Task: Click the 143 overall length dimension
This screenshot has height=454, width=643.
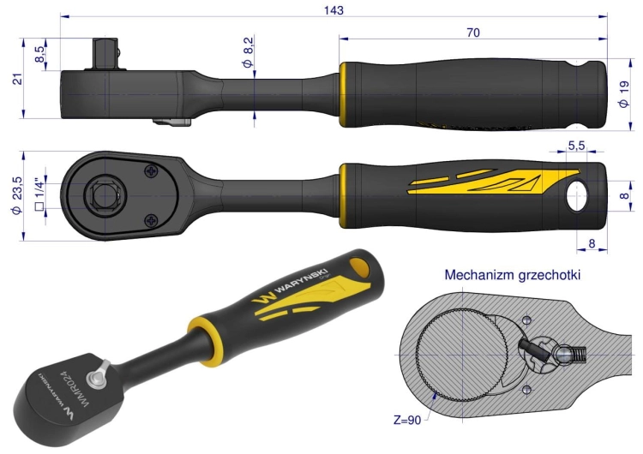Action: pos(334,10)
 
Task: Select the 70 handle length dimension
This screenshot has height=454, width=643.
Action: pos(472,33)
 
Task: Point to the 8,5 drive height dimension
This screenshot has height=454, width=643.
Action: pos(39,54)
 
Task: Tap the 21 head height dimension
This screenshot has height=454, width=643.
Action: pos(18,79)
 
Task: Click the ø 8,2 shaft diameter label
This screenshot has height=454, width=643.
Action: pos(248,51)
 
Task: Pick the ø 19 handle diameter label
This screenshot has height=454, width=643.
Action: pos(624,94)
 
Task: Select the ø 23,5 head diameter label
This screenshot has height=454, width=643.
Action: pos(17,196)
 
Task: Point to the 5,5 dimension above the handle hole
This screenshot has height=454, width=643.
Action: pos(576,146)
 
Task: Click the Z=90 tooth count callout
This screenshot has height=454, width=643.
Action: pos(407,420)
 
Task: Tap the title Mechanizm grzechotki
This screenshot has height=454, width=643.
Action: pos(512,274)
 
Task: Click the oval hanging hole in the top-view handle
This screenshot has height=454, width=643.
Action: pos(577,195)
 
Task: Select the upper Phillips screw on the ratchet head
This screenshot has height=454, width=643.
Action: pos(152,170)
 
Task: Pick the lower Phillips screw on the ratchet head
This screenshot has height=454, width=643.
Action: pos(152,221)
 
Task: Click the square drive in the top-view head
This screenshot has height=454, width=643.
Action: pos(105,196)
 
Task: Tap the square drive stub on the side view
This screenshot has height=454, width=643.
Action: pos(105,54)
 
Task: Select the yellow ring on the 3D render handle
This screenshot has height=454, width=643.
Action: pos(205,340)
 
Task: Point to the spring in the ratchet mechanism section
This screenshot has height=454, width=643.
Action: pos(578,354)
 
